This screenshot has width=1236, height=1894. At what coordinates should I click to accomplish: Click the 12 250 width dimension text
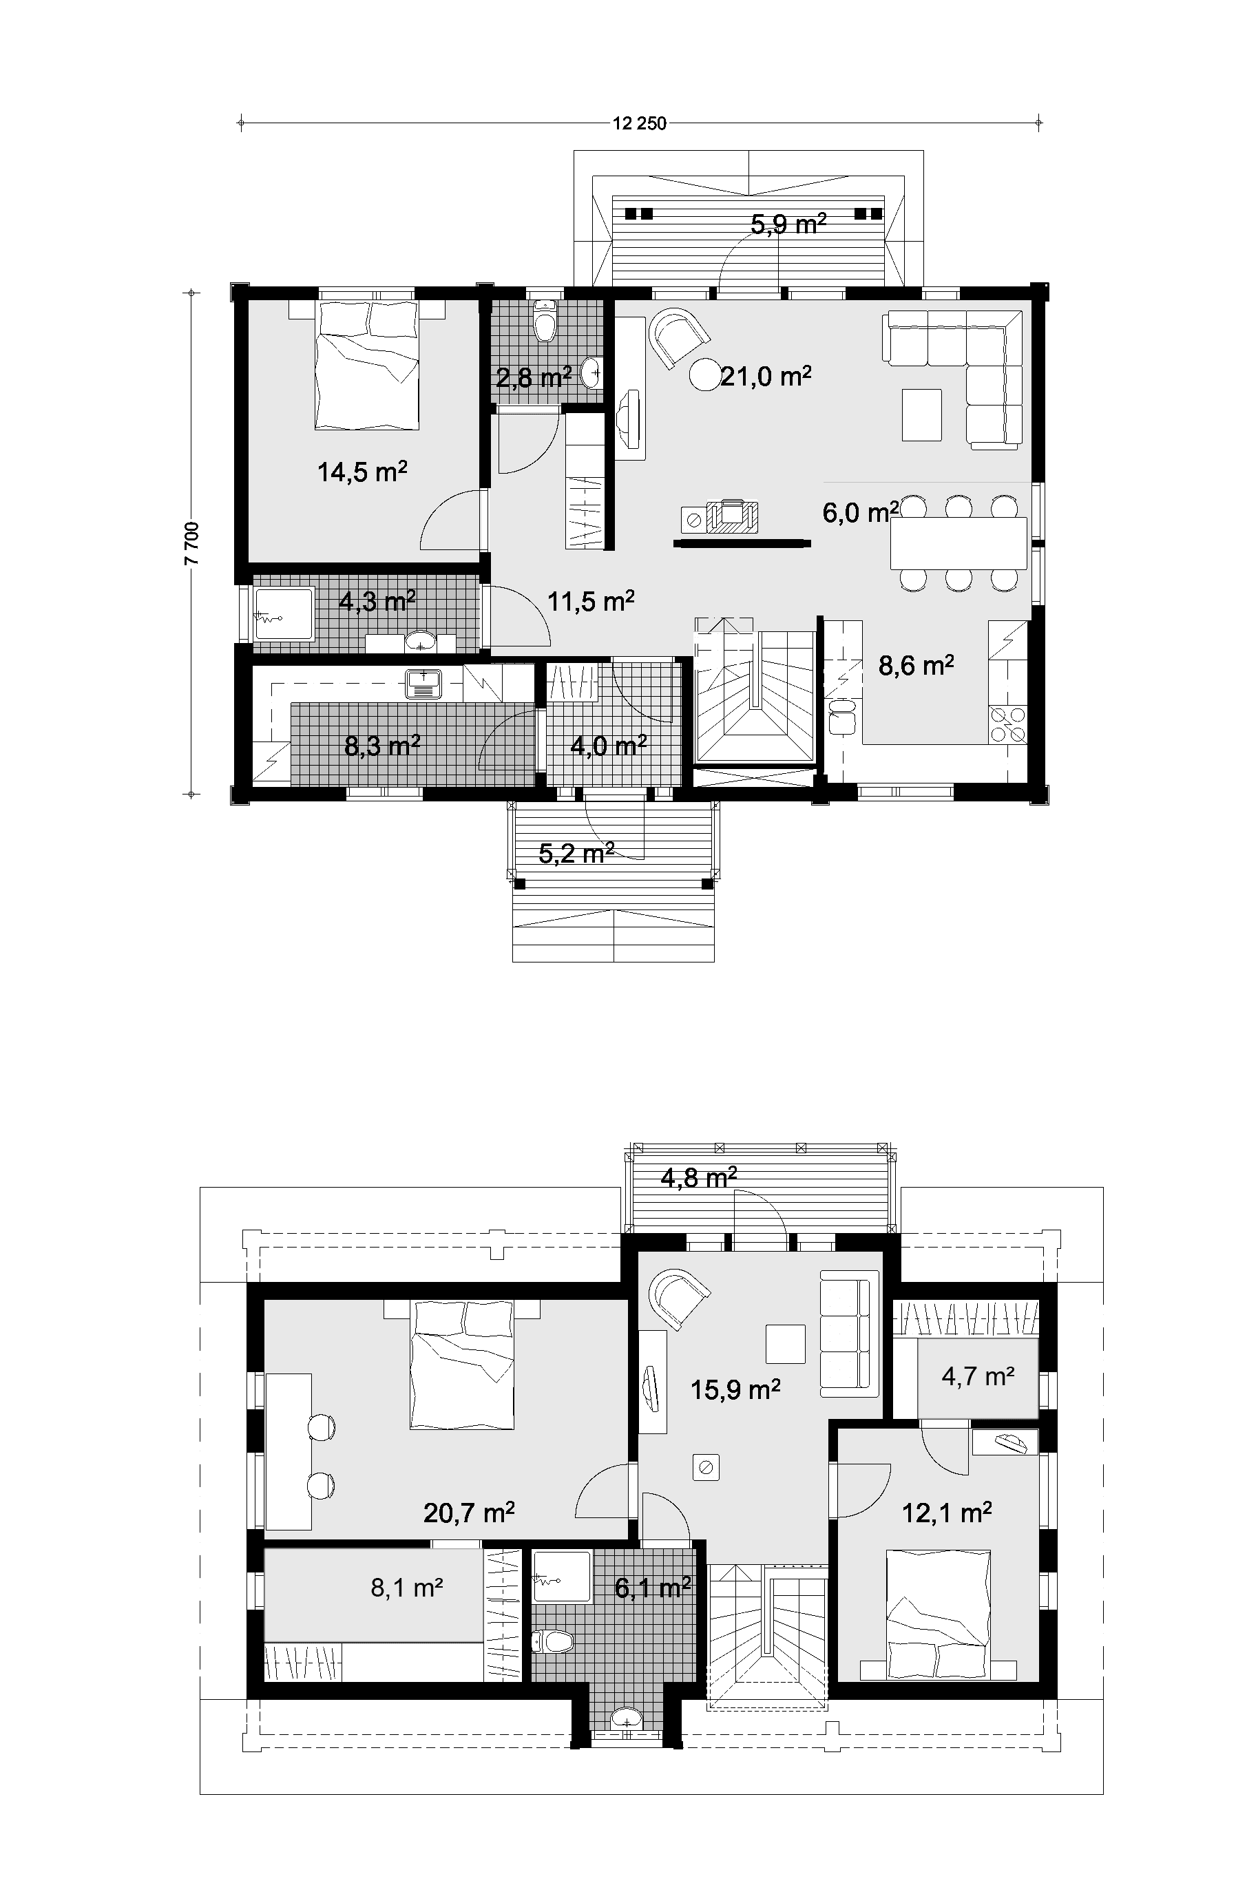click(x=639, y=123)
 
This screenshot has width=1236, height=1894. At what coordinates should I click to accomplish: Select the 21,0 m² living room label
click(x=766, y=376)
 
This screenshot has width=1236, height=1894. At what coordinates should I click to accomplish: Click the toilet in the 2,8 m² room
click(x=545, y=322)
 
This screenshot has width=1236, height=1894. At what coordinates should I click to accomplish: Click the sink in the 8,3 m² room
click(x=423, y=684)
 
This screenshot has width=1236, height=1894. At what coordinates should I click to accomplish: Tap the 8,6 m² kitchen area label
click(x=916, y=665)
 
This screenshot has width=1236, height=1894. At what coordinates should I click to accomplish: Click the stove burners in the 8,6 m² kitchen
click(x=1006, y=724)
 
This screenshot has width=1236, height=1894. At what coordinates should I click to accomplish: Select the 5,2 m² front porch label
click(x=576, y=854)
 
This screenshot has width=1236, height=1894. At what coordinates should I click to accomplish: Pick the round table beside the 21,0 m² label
click(x=704, y=375)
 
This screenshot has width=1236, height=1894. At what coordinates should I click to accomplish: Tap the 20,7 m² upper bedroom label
click(x=469, y=1512)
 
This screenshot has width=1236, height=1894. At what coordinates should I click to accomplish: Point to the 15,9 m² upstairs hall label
click(x=735, y=1389)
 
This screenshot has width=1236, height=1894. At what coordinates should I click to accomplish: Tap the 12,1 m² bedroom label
click(x=946, y=1512)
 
